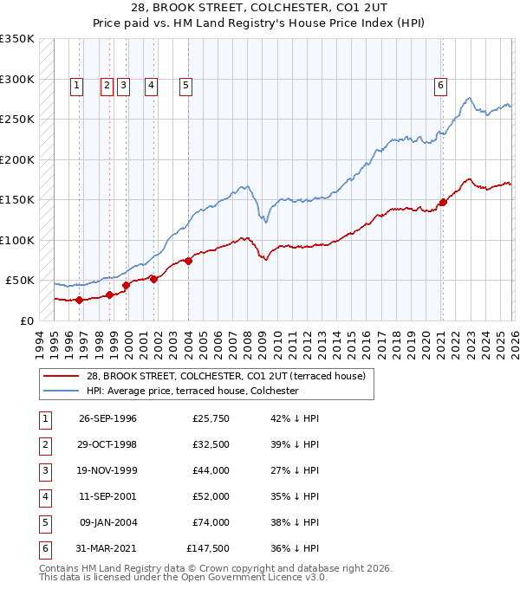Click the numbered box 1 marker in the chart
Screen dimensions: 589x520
click(x=77, y=85)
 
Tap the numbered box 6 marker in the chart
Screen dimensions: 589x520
click(x=440, y=85)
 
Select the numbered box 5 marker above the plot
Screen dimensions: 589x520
click(x=186, y=85)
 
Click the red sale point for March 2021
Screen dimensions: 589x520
click(x=443, y=202)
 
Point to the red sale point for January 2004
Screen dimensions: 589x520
click(x=188, y=261)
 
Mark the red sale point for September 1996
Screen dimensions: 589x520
click(x=80, y=300)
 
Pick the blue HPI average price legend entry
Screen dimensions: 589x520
click(x=192, y=391)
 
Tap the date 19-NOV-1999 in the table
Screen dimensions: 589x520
click(x=107, y=470)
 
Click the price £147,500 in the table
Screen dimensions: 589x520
click(x=208, y=548)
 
